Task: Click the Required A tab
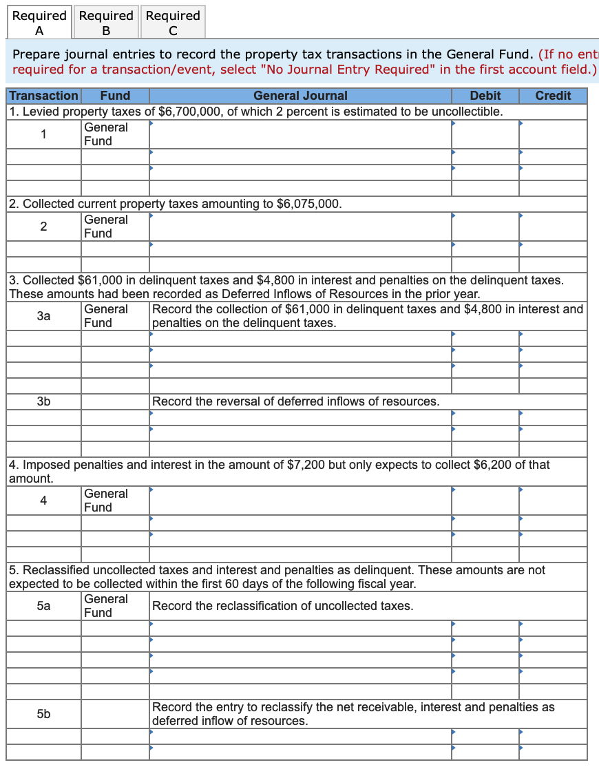(x=39, y=22)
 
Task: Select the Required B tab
(x=106, y=22)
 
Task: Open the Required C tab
(x=173, y=22)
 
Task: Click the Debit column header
(x=485, y=96)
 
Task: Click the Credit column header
(x=553, y=96)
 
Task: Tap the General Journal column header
(x=300, y=96)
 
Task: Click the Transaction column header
(x=44, y=96)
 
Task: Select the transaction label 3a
(x=43, y=316)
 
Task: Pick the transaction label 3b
(x=43, y=401)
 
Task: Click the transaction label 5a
(x=43, y=606)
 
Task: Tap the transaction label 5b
(x=43, y=714)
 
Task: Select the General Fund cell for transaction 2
(x=106, y=227)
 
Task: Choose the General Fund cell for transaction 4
(x=106, y=501)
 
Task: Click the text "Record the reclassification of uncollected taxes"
(x=282, y=606)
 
